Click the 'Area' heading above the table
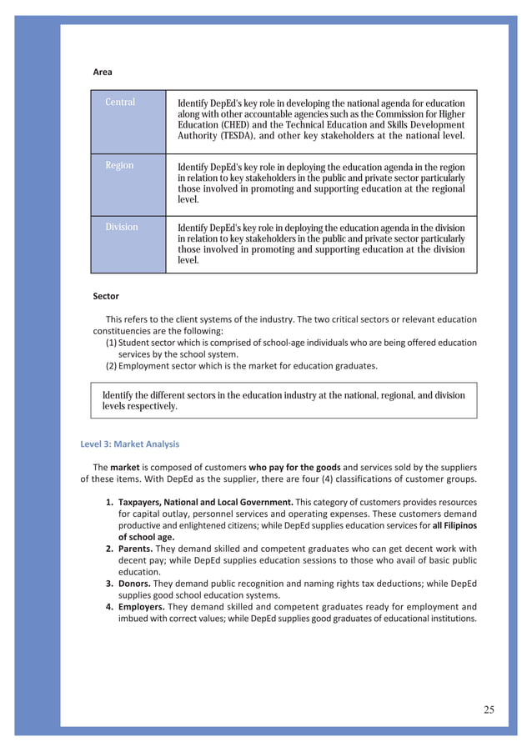tap(103, 73)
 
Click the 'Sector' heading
tap(106, 296)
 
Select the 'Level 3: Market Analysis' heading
tap(129, 444)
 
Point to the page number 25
tap(488, 709)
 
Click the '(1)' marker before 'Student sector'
tap(110, 343)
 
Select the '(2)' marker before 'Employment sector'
tap(110, 366)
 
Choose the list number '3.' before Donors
tap(110, 584)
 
